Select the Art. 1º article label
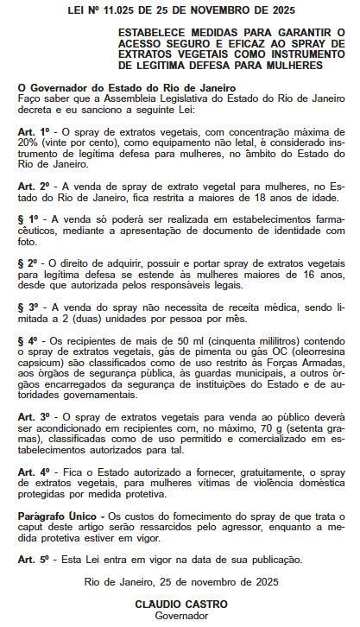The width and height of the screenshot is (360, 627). coord(29,130)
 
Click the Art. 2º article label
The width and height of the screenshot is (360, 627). coord(29,186)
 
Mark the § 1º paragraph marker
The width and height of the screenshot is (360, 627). coord(28,219)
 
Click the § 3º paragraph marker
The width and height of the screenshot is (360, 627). coord(28,307)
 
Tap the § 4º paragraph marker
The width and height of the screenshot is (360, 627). coord(28,340)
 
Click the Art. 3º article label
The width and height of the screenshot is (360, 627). coord(29,417)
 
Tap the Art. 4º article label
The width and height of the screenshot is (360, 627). coord(29,472)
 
